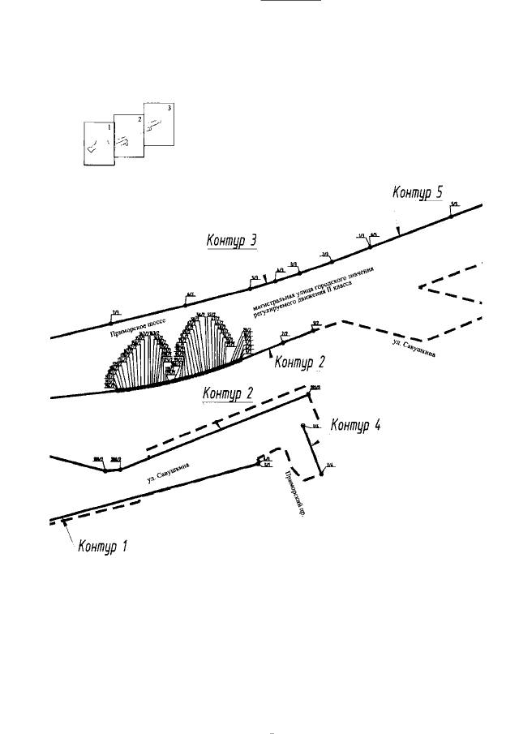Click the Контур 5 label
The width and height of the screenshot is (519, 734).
coord(418,192)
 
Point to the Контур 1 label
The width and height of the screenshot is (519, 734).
coord(103,546)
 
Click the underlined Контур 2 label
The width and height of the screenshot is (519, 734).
coord(228,393)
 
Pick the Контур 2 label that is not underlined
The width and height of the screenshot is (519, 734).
coord(300,361)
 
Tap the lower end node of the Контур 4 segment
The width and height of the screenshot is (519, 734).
coord(321,474)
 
